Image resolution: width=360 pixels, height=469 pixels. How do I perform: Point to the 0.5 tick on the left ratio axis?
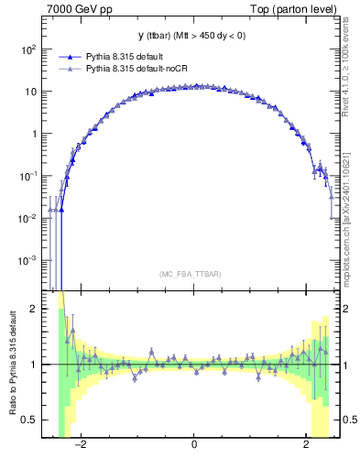(29, 420)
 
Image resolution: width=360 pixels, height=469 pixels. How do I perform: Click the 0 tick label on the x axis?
(194, 446)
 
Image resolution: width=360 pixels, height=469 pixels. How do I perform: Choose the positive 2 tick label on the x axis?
(306, 446)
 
